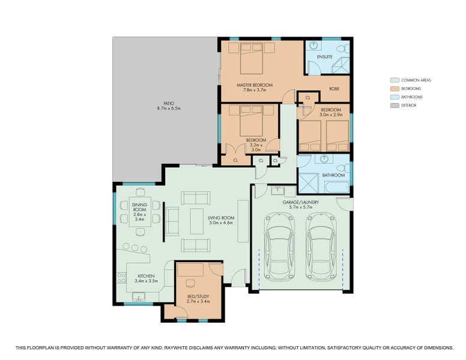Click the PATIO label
click(169, 103)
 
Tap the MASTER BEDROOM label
click(255, 85)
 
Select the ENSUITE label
click(324, 57)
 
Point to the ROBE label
click(334, 89)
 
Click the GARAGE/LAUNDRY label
click(300, 202)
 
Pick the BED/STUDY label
click(198, 296)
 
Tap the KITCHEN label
click(146, 276)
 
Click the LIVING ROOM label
click(221, 218)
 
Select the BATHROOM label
click(333, 175)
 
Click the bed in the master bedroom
click(252, 58)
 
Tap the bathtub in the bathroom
click(337, 187)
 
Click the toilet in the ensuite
click(345, 48)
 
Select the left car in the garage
click(279, 247)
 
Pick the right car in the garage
click(321, 247)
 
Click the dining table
click(140, 211)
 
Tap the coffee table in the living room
click(196, 221)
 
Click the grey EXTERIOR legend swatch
click(395, 106)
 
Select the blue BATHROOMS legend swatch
click(395, 97)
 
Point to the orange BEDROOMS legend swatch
click(395, 89)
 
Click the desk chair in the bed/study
click(190, 283)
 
